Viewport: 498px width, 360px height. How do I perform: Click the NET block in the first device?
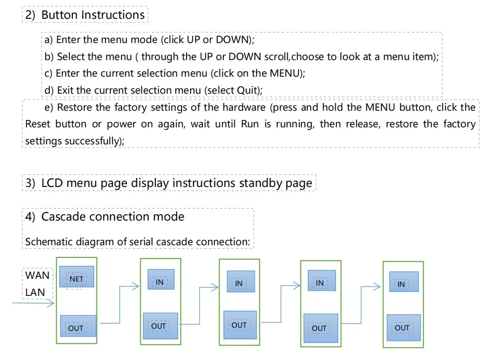coord(76,278)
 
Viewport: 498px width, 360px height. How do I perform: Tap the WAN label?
coord(37,275)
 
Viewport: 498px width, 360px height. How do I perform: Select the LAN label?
coord(35,293)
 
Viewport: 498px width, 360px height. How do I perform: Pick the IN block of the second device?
coord(160,281)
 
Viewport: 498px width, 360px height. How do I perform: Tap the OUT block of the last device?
coord(403,328)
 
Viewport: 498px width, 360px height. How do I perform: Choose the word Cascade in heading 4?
coord(64,217)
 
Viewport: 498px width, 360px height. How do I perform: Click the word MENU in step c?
coord(284,74)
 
